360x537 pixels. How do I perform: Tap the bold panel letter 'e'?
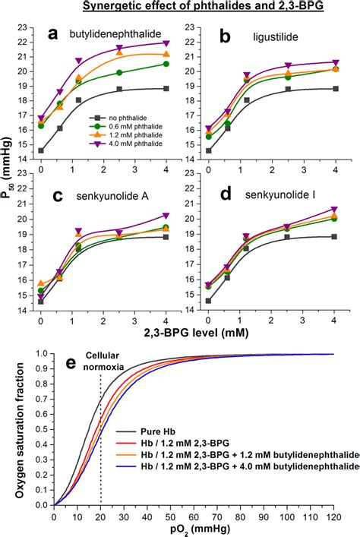(69, 363)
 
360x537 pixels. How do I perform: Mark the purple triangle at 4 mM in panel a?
(166, 43)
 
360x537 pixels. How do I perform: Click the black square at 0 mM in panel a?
(41, 151)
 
